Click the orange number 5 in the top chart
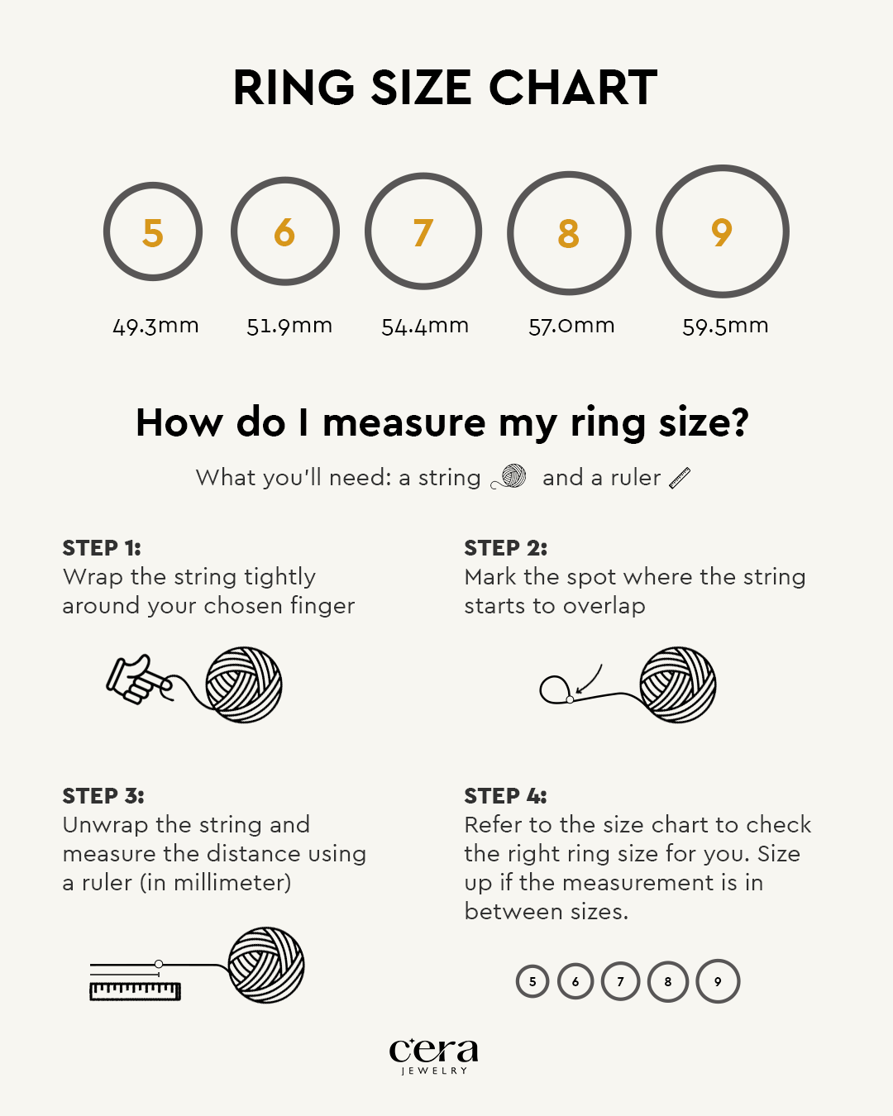click(x=153, y=232)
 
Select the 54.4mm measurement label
click(x=425, y=327)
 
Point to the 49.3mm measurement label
click(x=155, y=327)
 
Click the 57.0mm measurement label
click(x=571, y=327)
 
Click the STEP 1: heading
click(x=102, y=548)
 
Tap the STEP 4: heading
click(x=505, y=796)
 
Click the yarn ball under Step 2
click(x=678, y=684)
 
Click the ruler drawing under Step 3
click(x=135, y=991)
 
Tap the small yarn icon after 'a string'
click(x=509, y=477)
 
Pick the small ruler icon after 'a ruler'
click(x=680, y=478)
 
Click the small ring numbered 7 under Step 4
click(x=621, y=981)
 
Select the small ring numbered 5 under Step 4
click(x=532, y=981)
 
